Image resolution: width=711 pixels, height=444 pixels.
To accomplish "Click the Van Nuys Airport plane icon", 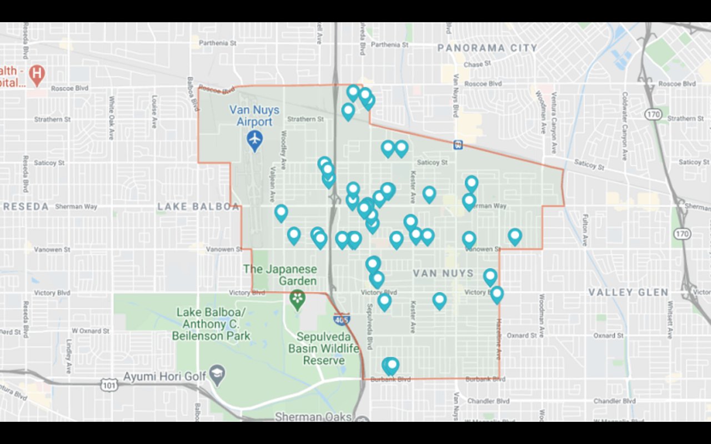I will (255, 140).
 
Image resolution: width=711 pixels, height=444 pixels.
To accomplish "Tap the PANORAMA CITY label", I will (487, 48).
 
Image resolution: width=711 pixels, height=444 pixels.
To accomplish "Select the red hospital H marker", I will (37, 73).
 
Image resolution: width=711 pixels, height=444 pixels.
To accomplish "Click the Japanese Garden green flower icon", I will (298, 299).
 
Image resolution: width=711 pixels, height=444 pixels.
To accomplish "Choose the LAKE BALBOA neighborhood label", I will (198, 206).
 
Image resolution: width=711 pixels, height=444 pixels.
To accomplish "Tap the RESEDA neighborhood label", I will (26, 206).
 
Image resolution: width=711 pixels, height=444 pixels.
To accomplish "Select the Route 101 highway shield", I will (108, 384).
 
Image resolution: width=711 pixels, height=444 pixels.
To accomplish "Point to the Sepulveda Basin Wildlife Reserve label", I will (324, 349).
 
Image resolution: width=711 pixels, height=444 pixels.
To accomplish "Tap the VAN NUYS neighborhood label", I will (443, 273).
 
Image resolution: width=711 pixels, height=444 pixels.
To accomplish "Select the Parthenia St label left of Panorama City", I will (389, 44).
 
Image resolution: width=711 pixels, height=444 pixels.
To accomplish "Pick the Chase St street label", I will (477, 64).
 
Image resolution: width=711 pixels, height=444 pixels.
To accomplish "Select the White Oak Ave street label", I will (112, 118).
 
